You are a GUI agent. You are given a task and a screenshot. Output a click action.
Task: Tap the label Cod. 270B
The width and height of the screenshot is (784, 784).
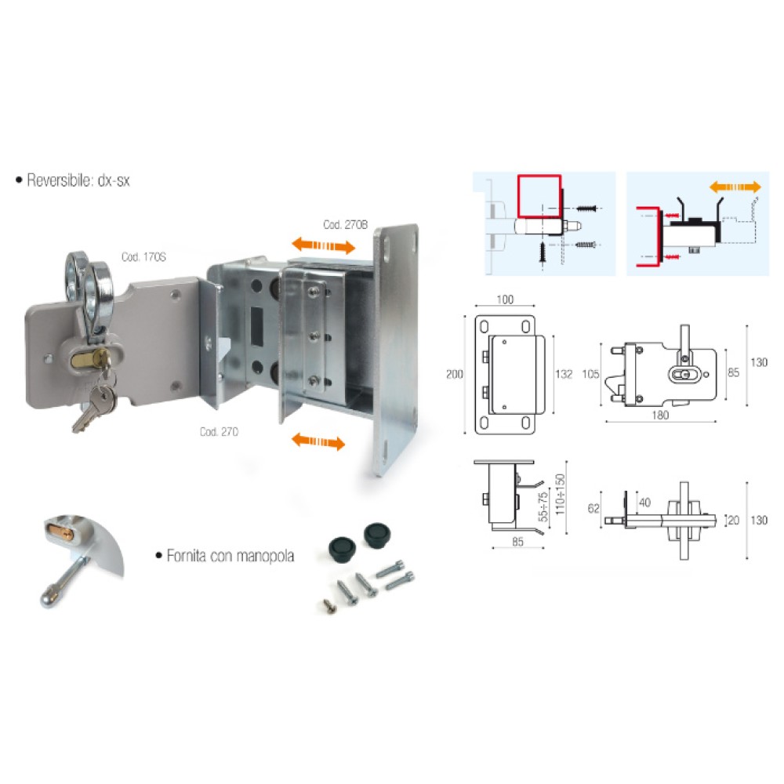[x=345, y=224]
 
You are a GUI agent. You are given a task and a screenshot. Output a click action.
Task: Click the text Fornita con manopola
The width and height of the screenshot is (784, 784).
[x=230, y=556]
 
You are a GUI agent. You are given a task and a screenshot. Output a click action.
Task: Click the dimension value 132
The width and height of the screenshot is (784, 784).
[x=563, y=374]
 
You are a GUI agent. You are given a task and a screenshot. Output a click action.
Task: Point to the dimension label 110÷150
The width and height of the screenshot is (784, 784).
[x=559, y=494]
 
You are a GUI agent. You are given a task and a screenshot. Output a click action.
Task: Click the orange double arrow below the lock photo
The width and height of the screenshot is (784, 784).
[x=317, y=442]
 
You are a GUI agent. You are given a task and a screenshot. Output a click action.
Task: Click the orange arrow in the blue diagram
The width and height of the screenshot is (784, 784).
[x=735, y=187]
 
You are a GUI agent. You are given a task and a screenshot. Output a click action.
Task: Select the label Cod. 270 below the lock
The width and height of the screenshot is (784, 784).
[x=219, y=432]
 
